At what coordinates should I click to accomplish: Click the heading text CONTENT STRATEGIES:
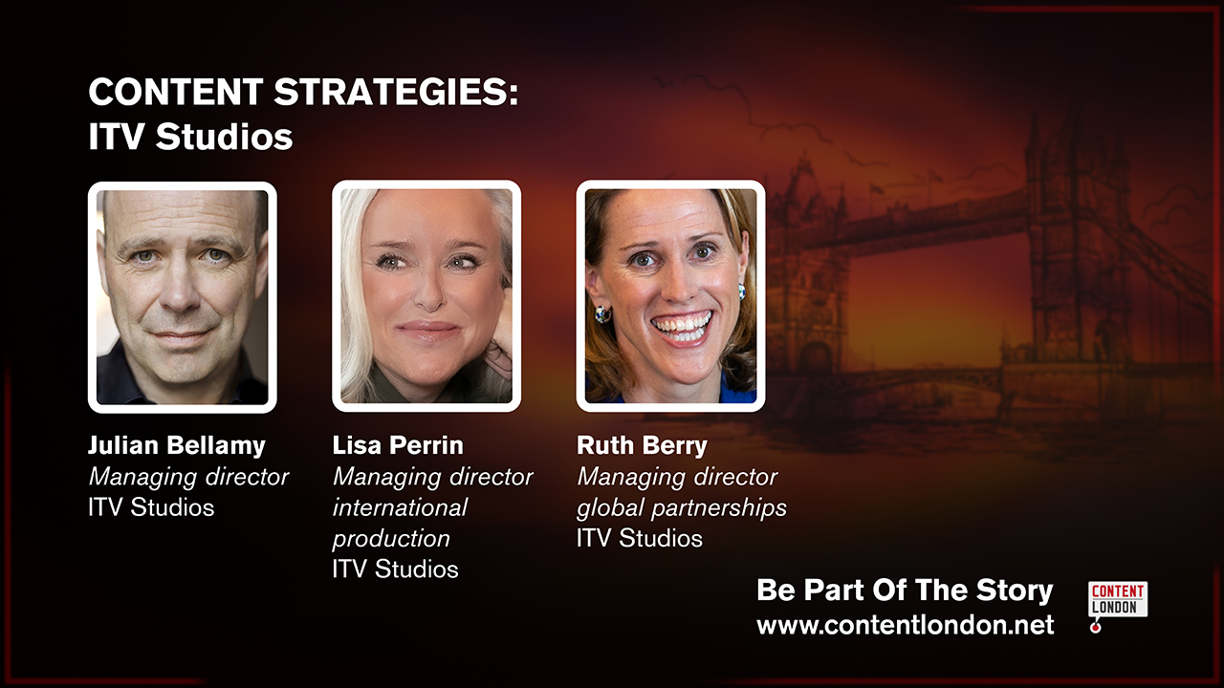click(303, 94)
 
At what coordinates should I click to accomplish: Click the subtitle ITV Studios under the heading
click(190, 138)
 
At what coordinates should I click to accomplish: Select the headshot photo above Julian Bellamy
click(183, 297)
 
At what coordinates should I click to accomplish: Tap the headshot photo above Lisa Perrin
click(426, 296)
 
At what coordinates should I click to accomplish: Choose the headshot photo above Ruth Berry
click(670, 296)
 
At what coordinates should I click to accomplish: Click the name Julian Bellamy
click(177, 445)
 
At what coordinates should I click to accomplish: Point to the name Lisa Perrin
click(398, 445)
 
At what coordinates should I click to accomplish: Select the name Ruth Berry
click(642, 445)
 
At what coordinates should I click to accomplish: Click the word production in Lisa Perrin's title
click(391, 538)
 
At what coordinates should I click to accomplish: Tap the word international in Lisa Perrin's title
click(400, 507)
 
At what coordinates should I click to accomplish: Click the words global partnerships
click(682, 507)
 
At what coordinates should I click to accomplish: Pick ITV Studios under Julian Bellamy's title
click(151, 507)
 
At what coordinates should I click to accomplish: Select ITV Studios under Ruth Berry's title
click(640, 538)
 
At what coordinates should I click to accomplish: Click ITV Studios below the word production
click(395, 569)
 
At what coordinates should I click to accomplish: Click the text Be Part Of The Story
click(905, 591)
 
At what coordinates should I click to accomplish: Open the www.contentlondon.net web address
click(905, 625)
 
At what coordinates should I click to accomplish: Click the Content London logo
click(1117, 599)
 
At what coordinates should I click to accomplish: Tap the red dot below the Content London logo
click(1096, 627)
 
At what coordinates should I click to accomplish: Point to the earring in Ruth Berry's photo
click(602, 313)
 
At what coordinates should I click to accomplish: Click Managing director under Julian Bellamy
click(188, 477)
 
